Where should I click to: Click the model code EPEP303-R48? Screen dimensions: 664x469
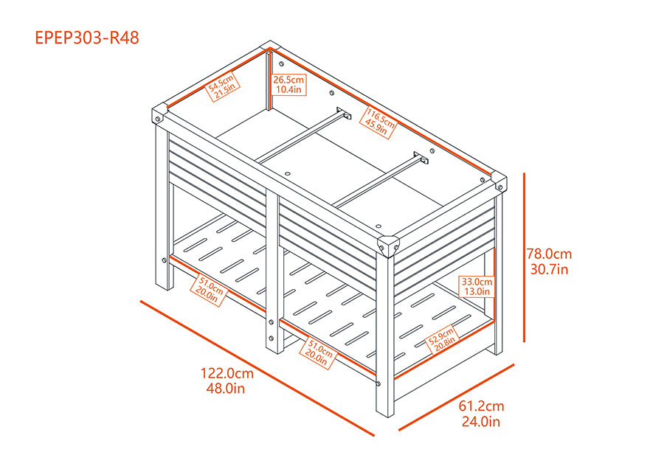point(87,38)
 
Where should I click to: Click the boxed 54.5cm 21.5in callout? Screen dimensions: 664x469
point(223,87)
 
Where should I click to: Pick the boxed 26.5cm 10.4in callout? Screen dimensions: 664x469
point(288,84)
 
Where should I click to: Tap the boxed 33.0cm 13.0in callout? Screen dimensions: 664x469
point(477,287)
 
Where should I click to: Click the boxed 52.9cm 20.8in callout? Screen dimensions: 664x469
point(442,340)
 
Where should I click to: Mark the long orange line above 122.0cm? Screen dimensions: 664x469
point(257,368)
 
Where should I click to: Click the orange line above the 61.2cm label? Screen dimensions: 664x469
point(457,397)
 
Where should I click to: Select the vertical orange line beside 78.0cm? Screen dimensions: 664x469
point(525,257)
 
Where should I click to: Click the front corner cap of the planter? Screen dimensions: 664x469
point(388,246)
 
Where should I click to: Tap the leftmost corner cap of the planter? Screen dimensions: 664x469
point(159,114)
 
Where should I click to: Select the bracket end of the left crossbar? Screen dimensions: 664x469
point(343,113)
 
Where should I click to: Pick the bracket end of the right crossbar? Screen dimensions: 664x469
point(421,158)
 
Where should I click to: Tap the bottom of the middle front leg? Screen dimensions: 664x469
point(274,350)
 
